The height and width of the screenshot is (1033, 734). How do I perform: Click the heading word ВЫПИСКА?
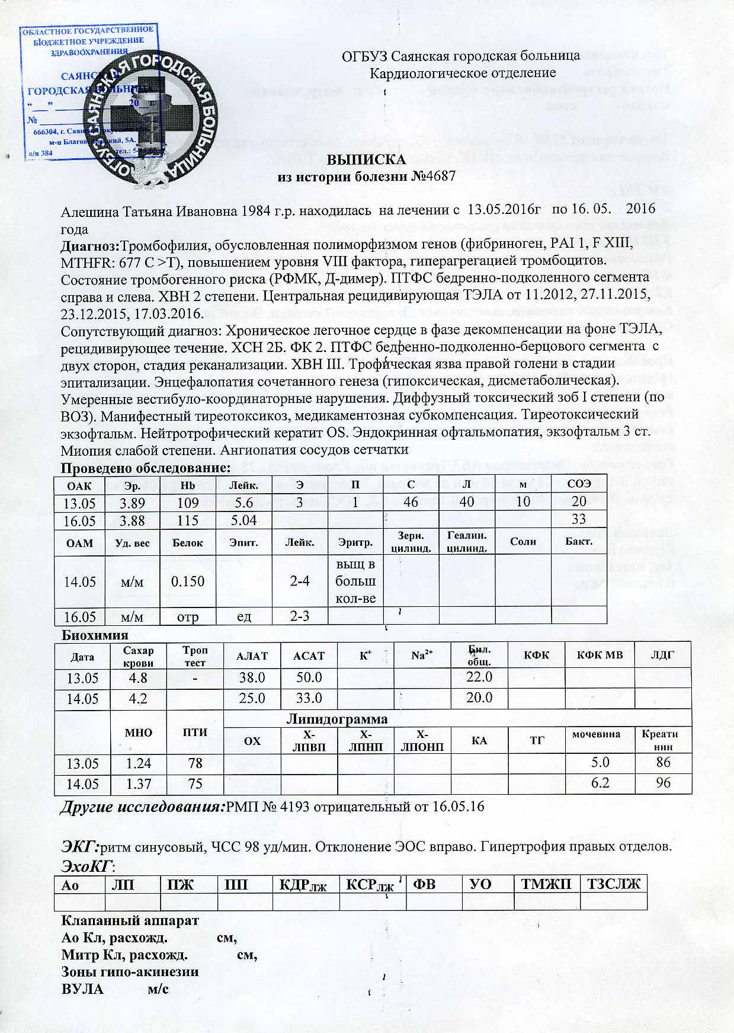click(367, 160)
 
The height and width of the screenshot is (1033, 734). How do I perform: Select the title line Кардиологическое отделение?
click(463, 73)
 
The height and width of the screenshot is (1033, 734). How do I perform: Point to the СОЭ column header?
click(579, 484)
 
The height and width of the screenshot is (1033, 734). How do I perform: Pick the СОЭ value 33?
click(579, 520)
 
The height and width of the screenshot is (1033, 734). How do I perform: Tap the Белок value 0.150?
click(188, 581)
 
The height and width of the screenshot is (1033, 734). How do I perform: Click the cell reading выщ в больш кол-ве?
click(355, 581)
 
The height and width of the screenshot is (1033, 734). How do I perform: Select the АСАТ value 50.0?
click(309, 677)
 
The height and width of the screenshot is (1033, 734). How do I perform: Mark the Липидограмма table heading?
click(337, 719)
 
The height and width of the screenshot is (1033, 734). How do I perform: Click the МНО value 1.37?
click(138, 783)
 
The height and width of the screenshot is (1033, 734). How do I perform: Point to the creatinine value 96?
click(663, 783)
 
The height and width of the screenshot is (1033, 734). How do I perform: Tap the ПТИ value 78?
click(195, 763)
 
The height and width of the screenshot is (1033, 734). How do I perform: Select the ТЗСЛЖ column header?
click(613, 884)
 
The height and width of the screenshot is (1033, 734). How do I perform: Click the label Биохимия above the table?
click(95, 635)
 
